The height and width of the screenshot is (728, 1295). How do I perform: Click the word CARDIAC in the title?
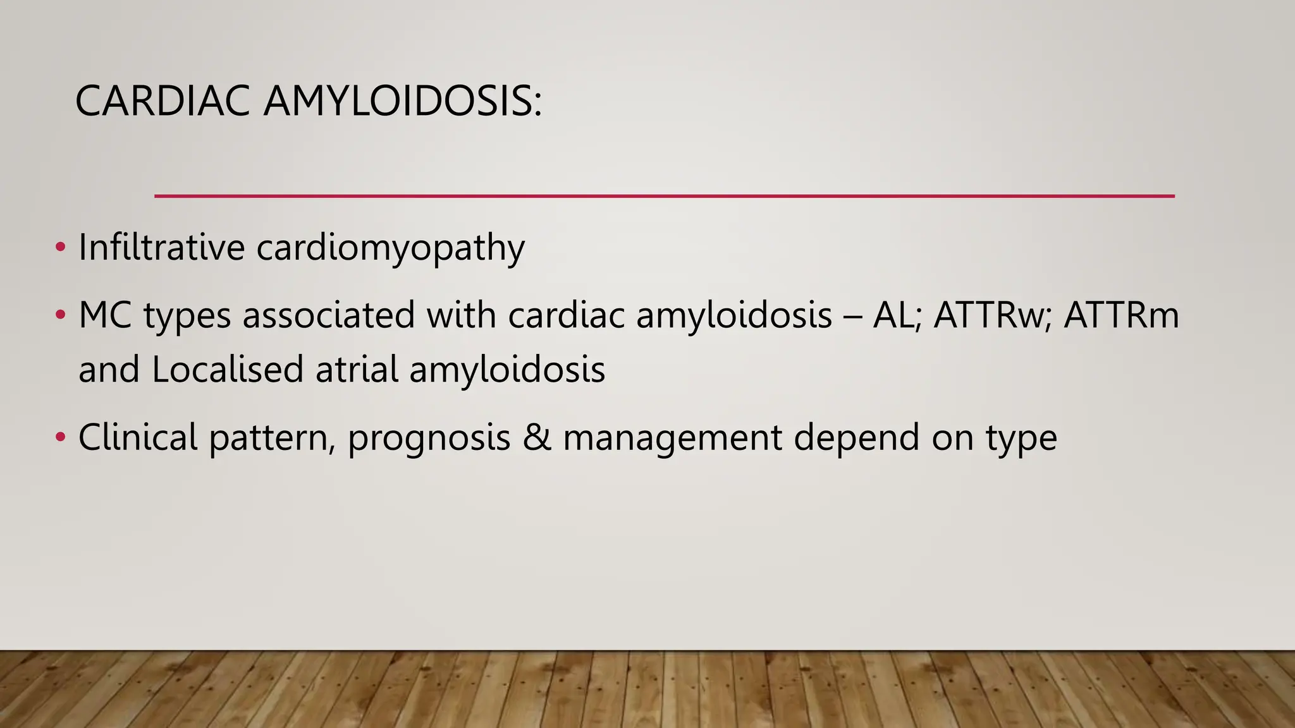[x=162, y=101]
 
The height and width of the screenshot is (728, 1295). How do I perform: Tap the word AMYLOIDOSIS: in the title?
[x=402, y=101]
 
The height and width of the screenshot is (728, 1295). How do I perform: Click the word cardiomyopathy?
[x=390, y=248]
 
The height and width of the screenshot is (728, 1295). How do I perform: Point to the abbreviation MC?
[x=105, y=315]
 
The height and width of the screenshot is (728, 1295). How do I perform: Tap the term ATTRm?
[x=1121, y=315]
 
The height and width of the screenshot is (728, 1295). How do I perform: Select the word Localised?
[x=228, y=369]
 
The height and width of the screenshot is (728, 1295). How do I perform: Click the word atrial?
[x=357, y=369]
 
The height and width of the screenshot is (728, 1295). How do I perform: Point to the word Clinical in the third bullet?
[x=138, y=437]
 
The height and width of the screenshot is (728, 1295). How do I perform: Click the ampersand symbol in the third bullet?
[x=537, y=437]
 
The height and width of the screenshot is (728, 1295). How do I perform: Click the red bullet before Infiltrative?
[x=60, y=246]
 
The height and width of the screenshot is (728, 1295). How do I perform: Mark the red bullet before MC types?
[x=60, y=315]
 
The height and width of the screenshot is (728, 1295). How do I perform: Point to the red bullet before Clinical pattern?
[x=60, y=437]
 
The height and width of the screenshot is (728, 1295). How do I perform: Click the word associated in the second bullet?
[x=328, y=315]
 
